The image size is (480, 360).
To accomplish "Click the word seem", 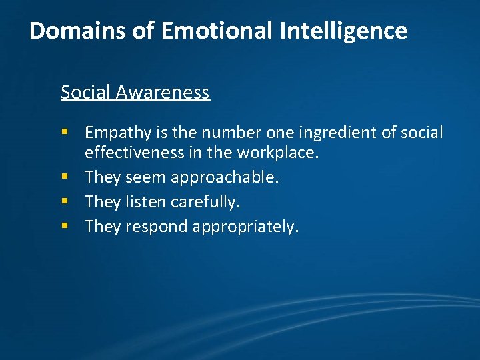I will [145, 177].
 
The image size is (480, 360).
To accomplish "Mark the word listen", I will [146, 202].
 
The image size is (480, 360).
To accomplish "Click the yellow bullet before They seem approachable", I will [65, 178].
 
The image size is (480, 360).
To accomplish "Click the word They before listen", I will [102, 202].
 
